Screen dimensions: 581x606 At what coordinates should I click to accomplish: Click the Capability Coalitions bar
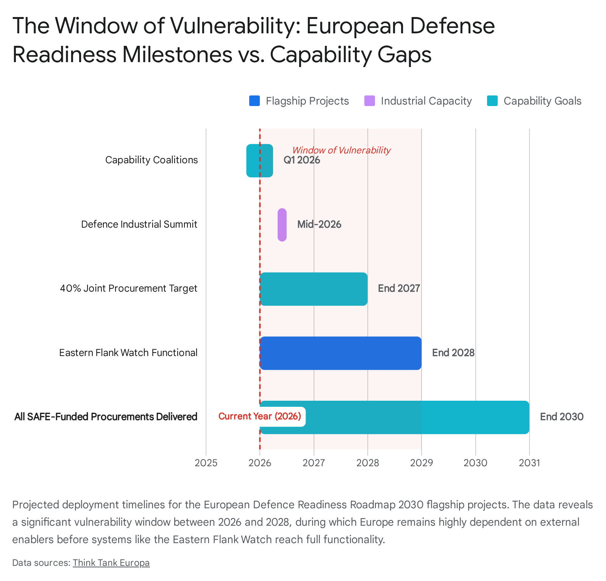pyautogui.click(x=259, y=161)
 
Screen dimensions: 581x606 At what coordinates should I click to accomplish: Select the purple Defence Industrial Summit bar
pyautogui.click(x=282, y=225)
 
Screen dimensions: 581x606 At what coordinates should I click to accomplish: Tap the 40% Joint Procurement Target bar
pyautogui.click(x=314, y=289)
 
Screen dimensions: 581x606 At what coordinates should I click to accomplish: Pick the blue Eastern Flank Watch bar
pyautogui.click(x=340, y=353)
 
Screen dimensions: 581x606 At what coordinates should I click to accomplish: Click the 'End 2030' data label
pyautogui.click(x=561, y=417)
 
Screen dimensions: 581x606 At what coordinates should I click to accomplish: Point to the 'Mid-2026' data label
pyautogui.click(x=319, y=225)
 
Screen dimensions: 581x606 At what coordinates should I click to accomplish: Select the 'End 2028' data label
pyautogui.click(x=453, y=353)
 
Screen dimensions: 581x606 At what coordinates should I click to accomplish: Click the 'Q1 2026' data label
pyautogui.click(x=301, y=160)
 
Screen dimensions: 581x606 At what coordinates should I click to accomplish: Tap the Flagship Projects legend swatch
pyautogui.click(x=255, y=101)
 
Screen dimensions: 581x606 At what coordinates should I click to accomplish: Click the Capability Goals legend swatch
pyautogui.click(x=492, y=101)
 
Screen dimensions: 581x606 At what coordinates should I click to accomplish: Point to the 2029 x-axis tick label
pyautogui.click(x=422, y=463)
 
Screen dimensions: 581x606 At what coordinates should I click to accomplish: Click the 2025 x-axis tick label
pyautogui.click(x=206, y=463)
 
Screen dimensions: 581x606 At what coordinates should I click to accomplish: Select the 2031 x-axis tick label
pyautogui.click(x=529, y=463)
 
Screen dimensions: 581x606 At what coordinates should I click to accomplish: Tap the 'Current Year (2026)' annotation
pyautogui.click(x=260, y=417)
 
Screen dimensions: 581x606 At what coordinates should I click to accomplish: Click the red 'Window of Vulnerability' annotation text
pyautogui.click(x=341, y=150)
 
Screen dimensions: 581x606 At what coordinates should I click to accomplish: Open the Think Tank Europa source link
pyautogui.click(x=111, y=563)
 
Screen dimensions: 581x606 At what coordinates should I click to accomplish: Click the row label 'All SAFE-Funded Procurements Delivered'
pyautogui.click(x=106, y=417)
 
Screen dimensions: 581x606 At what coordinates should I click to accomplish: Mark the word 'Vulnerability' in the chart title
pyautogui.click(x=235, y=26)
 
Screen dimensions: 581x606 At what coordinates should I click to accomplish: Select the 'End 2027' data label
pyautogui.click(x=399, y=289)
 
